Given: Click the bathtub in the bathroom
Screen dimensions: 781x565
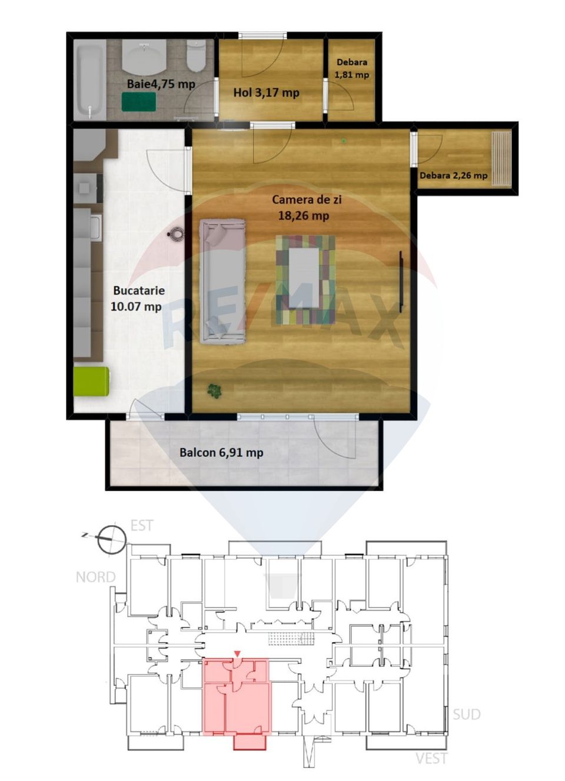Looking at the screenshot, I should [91, 80].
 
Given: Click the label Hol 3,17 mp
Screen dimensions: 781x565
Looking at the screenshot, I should [266, 92].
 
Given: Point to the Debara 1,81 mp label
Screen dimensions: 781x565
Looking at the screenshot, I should [352, 68].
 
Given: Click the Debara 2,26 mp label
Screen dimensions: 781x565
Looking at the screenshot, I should [453, 175].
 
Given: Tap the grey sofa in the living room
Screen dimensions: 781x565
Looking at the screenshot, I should [222, 281].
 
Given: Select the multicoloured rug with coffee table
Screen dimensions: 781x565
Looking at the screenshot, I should [305, 279].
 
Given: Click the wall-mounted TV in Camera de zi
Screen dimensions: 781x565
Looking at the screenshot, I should [401, 282].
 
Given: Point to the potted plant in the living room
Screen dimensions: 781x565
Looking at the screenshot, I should [215, 390].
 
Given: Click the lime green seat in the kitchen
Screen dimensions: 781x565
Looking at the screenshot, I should [91, 381].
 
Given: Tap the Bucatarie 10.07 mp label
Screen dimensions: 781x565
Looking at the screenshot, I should [137, 298].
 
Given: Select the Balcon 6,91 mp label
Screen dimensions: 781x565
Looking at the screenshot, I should [221, 452].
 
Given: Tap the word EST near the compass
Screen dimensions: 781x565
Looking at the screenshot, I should [141, 525].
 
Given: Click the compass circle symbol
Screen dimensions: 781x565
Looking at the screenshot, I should [111, 539].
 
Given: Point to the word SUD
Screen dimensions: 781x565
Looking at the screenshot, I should [466, 714].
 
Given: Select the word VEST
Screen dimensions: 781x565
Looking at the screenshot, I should [431, 758].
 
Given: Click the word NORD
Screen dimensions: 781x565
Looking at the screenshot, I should [95, 577].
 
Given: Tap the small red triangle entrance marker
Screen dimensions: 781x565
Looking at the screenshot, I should [237, 654].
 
